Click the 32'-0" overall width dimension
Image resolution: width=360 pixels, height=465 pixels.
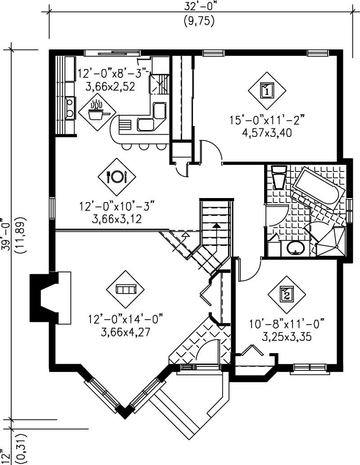pyautogui.click(x=198, y=6)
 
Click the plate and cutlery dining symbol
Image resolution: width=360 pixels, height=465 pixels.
pyautogui.click(x=117, y=177)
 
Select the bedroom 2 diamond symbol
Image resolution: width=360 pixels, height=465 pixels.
pyautogui.click(x=287, y=295)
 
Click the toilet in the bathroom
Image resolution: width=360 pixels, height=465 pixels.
pyautogui.click(x=279, y=178)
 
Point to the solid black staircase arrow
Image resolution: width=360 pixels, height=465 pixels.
pyautogui.click(x=217, y=225)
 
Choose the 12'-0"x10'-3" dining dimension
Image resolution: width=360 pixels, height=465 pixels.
pyautogui.click(x=117, y=207)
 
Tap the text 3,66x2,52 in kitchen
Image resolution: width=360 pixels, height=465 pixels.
pyautogui.click(x=107, y=86)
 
